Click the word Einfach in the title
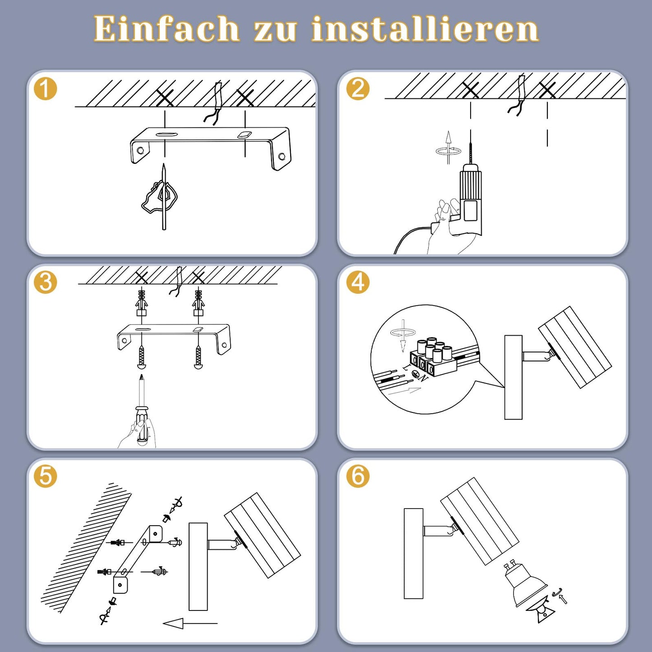coord(167,29)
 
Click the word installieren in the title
coord(425,29)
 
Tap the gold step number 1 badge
coord(45,88)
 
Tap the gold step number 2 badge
coord(358,88)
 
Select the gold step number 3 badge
coord(45,282)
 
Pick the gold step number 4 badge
coord(358,282)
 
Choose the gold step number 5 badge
coord(45,476)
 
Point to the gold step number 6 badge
coord(358,476)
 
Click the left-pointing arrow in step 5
coord(190,623)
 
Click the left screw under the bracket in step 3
coord(142,357)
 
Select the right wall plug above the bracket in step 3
coord(199,302)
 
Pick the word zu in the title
coord(275,32)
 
